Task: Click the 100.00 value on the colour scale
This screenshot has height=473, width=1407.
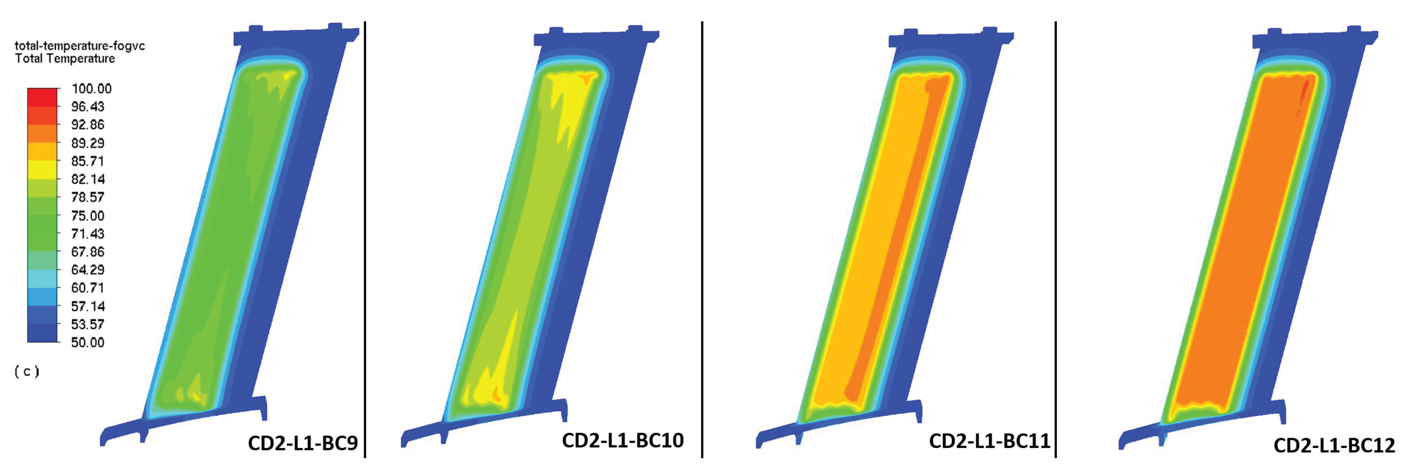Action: click(91, 89)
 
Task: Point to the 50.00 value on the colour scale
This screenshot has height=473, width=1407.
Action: click(87, 342)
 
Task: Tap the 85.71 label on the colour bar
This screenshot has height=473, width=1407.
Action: click(87, 161)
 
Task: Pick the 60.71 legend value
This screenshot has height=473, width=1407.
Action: click(87, 288)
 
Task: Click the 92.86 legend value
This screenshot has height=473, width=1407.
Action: click(87, 125)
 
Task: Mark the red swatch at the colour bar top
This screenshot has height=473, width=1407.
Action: click(42, 97)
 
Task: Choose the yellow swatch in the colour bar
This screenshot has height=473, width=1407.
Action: click(42, 170)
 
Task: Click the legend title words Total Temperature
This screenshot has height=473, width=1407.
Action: click(65, 59)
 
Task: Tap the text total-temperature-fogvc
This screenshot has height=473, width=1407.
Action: click(80, 46)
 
